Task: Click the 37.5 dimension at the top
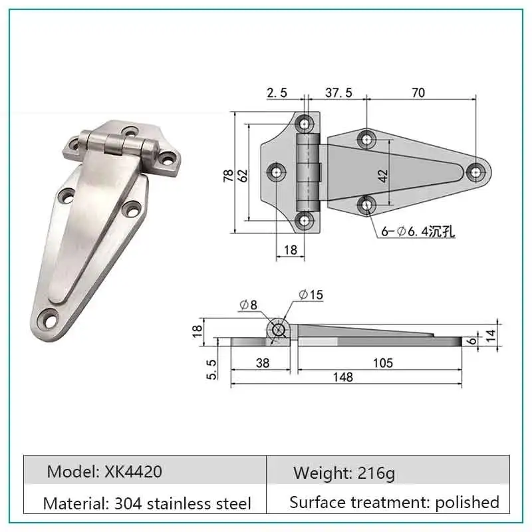click(x=338, y=93)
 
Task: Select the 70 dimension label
click(x=418, y=93)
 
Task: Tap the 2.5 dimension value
click(x=277, y=93)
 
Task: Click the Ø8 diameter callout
click(x=248, y=305)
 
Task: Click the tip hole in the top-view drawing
click(x=476, y=172)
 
